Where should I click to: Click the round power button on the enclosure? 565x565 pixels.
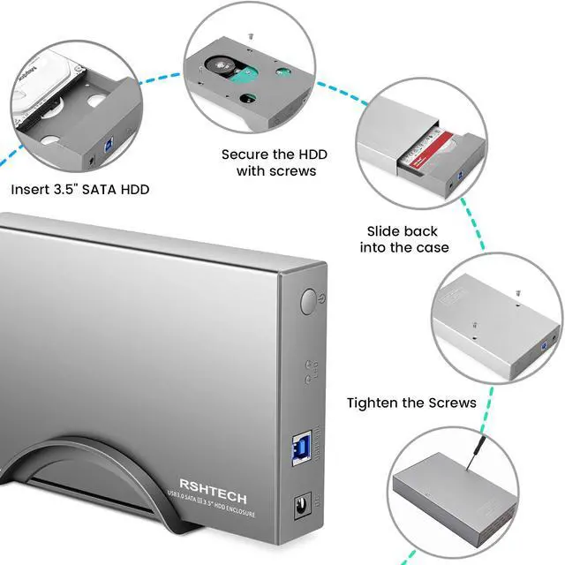pos(307,302)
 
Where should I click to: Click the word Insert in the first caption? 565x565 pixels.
pos(31,189)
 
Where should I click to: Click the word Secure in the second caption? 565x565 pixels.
pos(245,154)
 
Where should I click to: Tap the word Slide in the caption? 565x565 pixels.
pos(385,231)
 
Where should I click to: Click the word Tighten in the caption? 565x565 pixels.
pos(372,403)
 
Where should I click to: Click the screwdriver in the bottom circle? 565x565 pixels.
pos(519,456)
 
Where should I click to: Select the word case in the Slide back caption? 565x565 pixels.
pos(429,248)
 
